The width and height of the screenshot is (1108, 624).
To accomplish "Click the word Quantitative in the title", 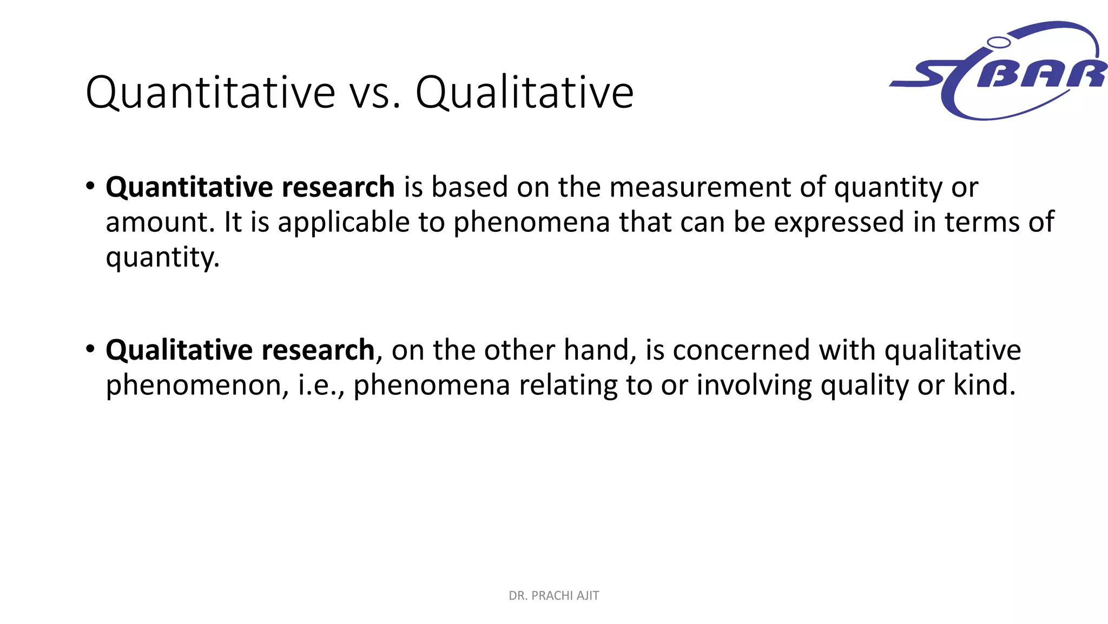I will coord(210,93).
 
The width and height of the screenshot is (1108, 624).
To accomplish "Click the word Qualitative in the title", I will coord(524,93).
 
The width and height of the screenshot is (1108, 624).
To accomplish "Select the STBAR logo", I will coord(999,70).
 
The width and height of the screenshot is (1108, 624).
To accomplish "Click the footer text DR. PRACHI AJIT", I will coord(553,596).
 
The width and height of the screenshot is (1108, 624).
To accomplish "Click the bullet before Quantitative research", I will coord(90,186).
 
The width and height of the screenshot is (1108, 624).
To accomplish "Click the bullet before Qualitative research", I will coord(90,349).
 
